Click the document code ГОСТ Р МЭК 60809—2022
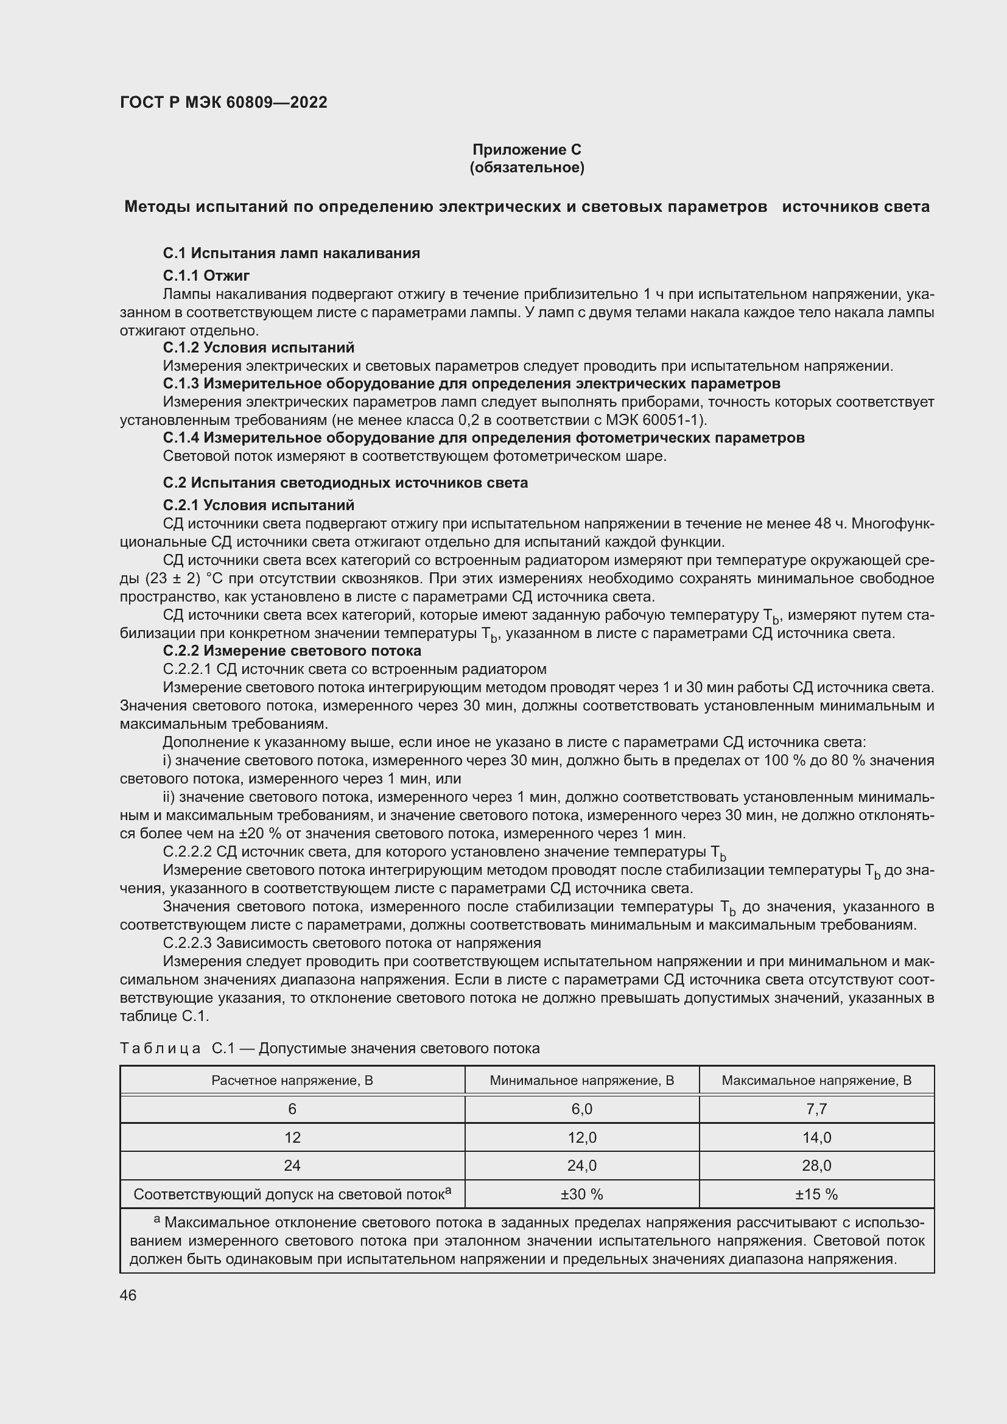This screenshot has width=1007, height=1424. click(x=223, y=102)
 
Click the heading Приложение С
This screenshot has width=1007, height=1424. click(x=527, y=150)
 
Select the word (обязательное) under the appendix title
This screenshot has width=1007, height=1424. click(x=527, y=167)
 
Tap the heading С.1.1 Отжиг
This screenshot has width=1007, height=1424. click(x=206, y=275)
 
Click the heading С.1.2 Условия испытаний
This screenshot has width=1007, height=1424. click(x=259, y=347)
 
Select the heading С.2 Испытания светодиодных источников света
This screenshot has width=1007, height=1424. click(x=345, y=483)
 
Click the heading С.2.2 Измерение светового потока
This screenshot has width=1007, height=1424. click(x=292, y=651)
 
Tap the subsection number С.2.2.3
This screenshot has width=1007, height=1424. click(x=188, y=943)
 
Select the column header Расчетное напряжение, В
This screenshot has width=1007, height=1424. click(x=292, y=1081)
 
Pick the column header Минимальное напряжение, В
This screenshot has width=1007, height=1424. click(x=581, y=1081)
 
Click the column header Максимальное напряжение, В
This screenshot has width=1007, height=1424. click(x=816, y=1081)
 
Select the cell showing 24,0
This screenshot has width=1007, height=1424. click(x=581, y=1166)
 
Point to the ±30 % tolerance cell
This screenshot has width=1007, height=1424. click(x=581, y=1194)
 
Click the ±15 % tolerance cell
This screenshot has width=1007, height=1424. click(x=816, y=1194)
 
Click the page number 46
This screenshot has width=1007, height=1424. click(x=128, y=1296)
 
